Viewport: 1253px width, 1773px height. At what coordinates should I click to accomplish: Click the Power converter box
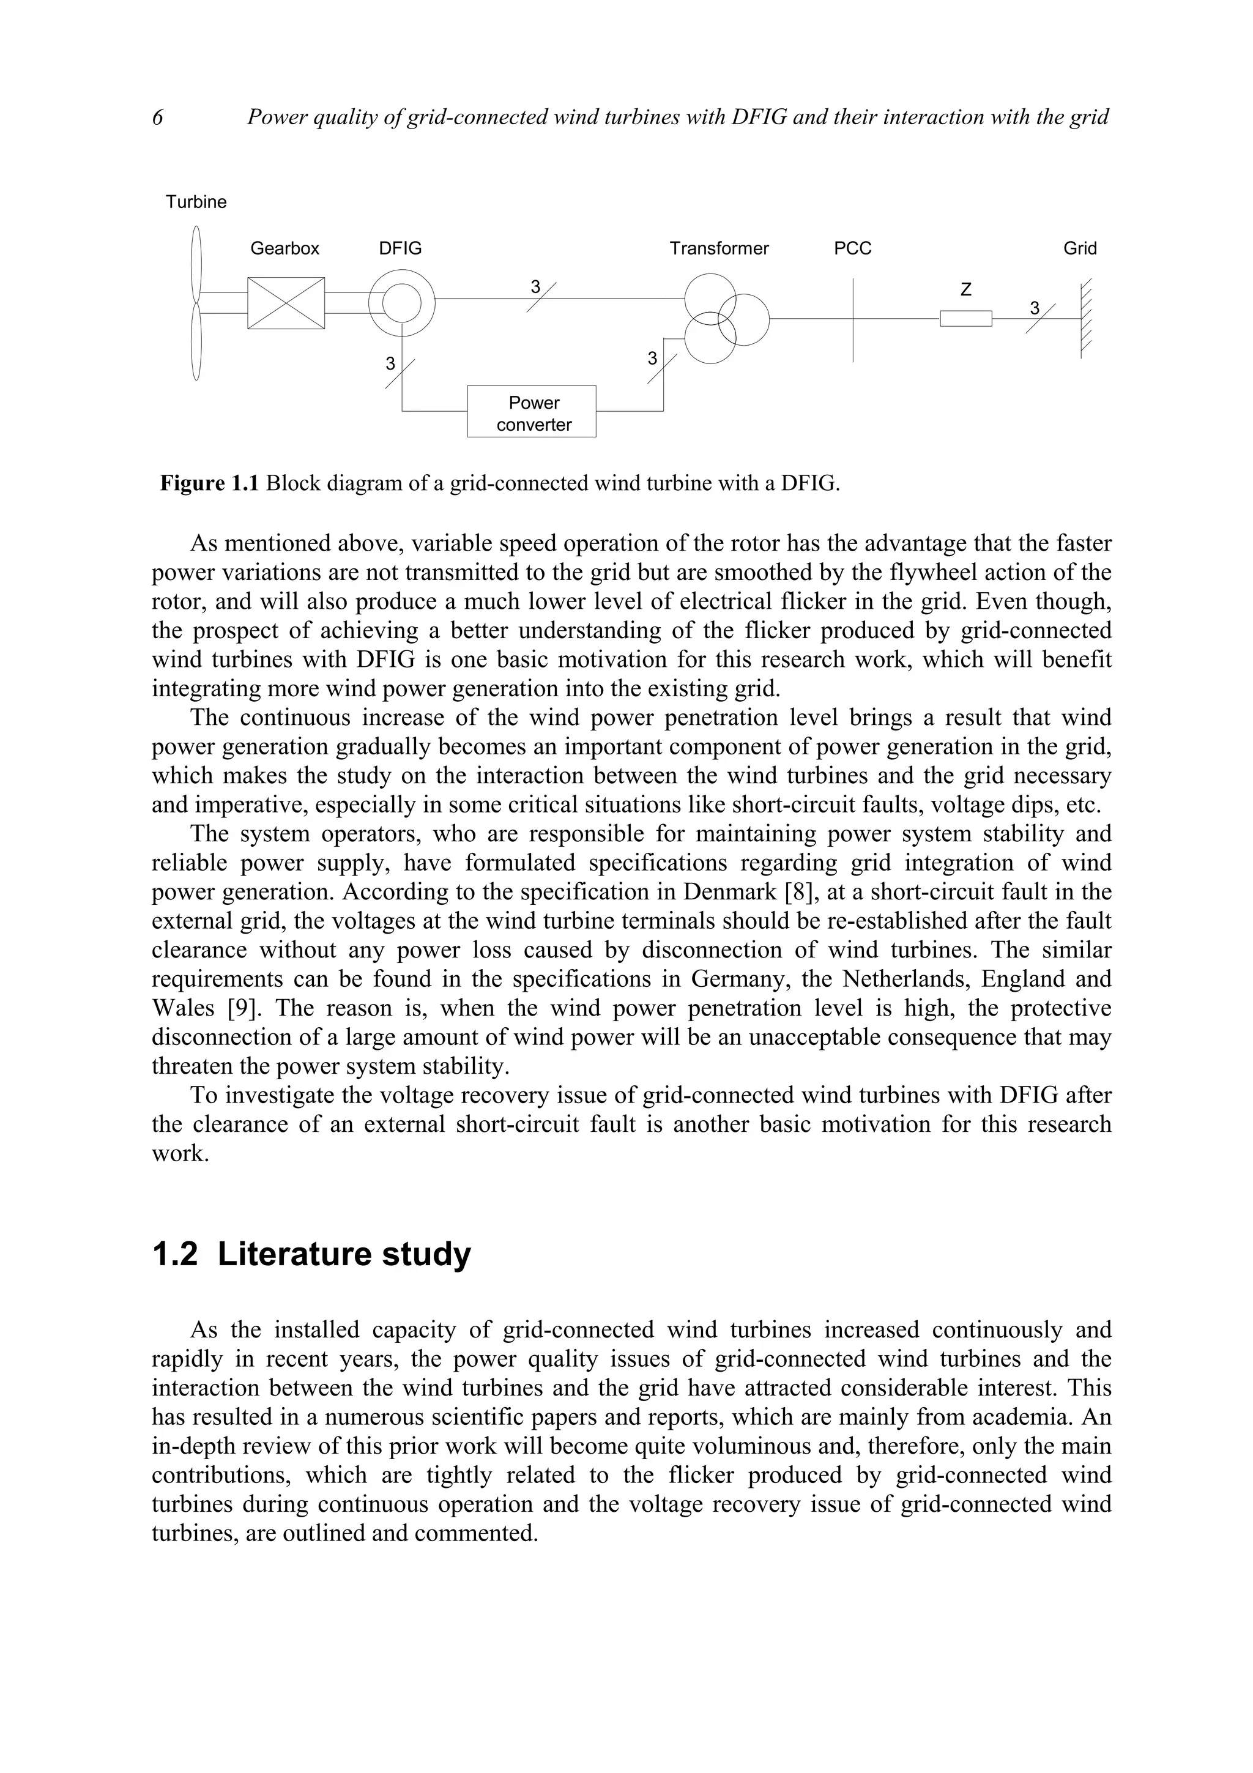[x=531, y=412]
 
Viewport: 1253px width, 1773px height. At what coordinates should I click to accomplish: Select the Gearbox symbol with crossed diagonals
[x=286, y=303]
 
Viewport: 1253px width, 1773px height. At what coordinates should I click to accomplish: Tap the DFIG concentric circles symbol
[x=401, y=302]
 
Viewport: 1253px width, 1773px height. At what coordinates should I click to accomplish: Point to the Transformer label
[x=719, y=248]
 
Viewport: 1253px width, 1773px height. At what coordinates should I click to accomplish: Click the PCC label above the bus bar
[x=852, y=248]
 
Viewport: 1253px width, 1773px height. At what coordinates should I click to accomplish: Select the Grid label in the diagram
[x=1079, y=248]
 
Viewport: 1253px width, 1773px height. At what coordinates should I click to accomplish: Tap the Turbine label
[x=196, y=203]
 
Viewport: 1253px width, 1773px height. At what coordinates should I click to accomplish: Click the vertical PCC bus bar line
[x=853, y=340]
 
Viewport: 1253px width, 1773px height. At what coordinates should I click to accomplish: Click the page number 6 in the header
[x=157, y=117]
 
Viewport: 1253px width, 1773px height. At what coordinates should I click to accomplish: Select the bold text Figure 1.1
[x=209, y=484]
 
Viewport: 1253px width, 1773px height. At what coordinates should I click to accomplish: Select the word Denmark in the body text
[x=729, y=892]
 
